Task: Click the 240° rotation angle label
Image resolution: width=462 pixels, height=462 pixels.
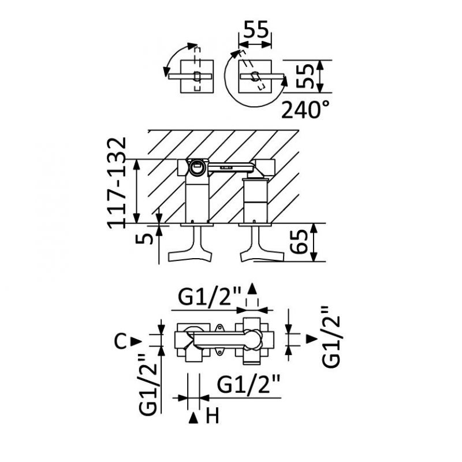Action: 305,109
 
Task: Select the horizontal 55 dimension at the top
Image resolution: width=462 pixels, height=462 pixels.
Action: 256,29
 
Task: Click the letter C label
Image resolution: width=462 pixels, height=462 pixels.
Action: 120,341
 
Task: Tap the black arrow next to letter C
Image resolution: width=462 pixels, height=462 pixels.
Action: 136,341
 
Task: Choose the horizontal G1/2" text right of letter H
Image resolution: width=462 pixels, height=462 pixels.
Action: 249,384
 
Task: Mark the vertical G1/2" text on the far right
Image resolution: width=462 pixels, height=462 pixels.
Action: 331,336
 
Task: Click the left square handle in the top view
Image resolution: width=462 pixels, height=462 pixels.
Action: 198,76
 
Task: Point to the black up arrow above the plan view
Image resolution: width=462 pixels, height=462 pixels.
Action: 252,289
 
